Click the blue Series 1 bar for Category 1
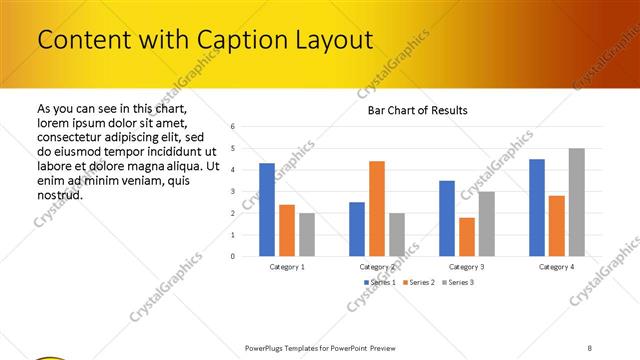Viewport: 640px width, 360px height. pos(267,209)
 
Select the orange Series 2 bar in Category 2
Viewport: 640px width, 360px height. pos(377,208)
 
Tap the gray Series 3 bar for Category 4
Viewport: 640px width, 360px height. pos(577,202)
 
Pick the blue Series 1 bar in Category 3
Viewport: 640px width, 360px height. pos(447,218)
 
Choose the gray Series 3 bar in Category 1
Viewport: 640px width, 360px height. pos(307,234)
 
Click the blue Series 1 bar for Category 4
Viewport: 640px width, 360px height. pos(537,207)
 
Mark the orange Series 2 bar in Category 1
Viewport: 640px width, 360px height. pos(287,230)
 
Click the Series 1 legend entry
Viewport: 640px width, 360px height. pos(381,283)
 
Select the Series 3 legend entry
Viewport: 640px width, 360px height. pos(459,283)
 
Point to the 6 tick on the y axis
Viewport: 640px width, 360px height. pos(232,127)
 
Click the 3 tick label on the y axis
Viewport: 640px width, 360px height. pos(232,191)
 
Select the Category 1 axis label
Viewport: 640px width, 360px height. pos(287,267)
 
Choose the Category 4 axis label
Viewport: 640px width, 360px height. pos(557,267)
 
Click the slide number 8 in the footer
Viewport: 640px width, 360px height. pos(590,347)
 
